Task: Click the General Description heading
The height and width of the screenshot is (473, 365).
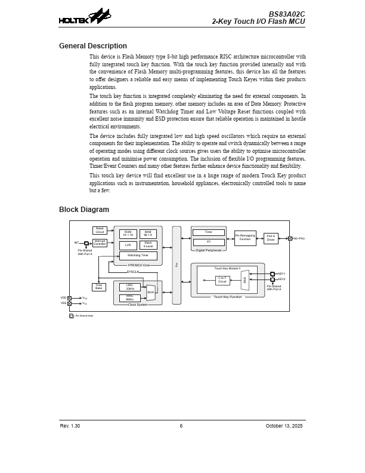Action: [x=93, y=46]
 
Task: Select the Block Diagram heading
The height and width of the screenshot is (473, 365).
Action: [x=84, y=210]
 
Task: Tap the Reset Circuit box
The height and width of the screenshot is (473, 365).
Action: [x=100, y=231]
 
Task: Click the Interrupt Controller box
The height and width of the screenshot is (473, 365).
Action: [x=100, y=242]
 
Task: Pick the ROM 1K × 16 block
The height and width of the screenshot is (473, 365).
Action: [x=128, y=234]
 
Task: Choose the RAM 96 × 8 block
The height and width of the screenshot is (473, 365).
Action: [x=148, y=234]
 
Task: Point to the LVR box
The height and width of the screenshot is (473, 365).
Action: [x=128, y=245]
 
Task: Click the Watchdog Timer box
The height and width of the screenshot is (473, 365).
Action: [x=138, y=256]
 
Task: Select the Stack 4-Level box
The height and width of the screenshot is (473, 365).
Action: [x=148, y=245]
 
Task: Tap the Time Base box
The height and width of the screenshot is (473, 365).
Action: [x=99, y=287]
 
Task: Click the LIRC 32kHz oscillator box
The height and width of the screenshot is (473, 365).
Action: [x=129, y=287]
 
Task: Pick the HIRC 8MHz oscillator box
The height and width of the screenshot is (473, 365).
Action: [x=129, y=298]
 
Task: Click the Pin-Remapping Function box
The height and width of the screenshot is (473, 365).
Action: [x=245, y=238]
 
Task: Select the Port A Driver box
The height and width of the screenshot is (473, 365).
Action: [x=271, y=238]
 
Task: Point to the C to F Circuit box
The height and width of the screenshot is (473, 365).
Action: [x=222, y=279]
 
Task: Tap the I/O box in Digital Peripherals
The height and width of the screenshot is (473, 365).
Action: [x=209, y=242]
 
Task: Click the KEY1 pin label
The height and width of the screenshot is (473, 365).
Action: [x=282, y=274]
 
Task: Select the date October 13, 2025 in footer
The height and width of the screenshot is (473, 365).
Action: [x=284, y=426]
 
